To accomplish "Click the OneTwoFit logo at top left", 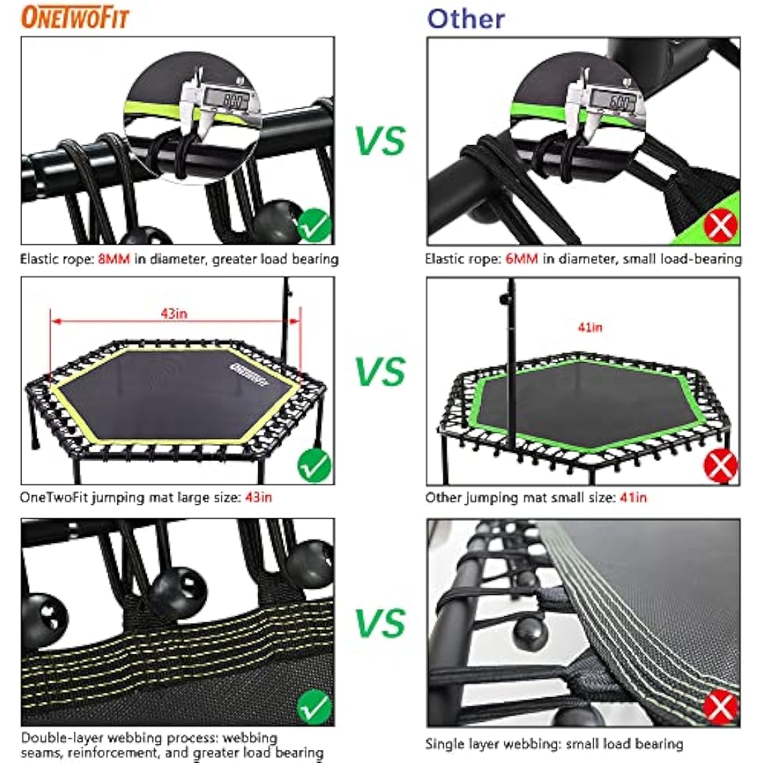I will tap(75, 17).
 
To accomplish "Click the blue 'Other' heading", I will tap(465, 19).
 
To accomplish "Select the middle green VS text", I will tap(380, 372).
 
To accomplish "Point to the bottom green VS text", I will tap(380, 622).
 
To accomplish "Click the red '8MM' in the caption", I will tap(114, 259).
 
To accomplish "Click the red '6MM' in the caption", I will tap(521, 259).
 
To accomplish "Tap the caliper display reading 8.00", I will tap(234, 101).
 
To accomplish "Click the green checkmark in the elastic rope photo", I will tap(314, 225).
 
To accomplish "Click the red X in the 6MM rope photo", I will tap(721, 225).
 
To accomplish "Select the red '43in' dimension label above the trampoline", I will tap(174, 314).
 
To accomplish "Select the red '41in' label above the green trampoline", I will tap(590, 327).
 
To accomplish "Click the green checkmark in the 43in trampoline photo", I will tap(314, 466).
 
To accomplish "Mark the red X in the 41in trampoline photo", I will tap(721, 466).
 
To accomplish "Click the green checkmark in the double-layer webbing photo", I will tap(314, 707).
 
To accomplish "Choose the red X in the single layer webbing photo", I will tap(721, 707).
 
